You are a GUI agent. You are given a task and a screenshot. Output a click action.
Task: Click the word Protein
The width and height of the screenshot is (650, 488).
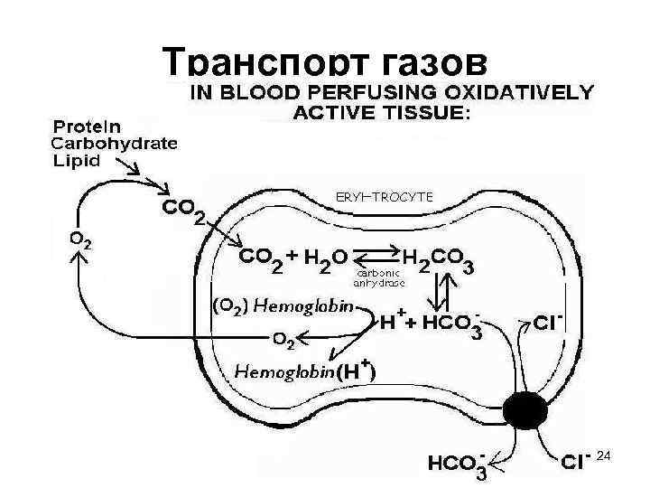coord(88,126)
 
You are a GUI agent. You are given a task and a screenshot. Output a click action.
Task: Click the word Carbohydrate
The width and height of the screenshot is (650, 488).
coord(114,143)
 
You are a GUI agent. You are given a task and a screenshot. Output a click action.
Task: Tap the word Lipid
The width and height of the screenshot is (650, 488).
coord(76,160)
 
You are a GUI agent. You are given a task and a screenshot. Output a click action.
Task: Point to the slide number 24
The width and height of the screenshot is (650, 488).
coord(605,460)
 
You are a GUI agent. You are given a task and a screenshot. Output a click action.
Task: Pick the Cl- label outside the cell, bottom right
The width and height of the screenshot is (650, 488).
coord(576,462)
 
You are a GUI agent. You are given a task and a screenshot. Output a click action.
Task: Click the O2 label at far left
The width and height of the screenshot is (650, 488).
coord(80,242)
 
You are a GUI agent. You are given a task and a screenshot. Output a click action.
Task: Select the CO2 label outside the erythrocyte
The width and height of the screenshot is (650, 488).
coord(184,211)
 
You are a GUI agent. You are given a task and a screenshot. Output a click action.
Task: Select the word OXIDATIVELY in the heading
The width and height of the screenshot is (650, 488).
coord(518,92)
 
